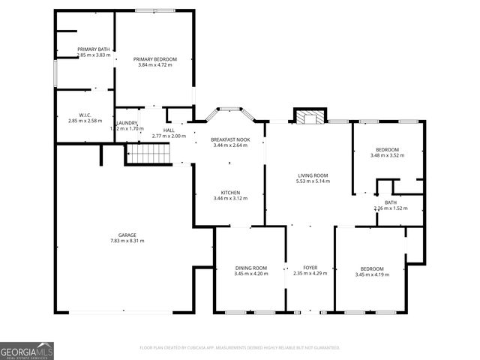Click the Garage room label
click(x=127, y=235)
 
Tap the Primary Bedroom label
click(x=155, y=58)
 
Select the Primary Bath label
click(x=94, y=49)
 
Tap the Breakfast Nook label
click(x=230, y=139)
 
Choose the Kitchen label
click(x=229, y=192)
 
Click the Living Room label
click(x=313, y=175)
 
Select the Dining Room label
click(x=251, y=268)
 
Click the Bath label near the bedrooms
click(x=391, y=202)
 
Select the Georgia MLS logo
click(x=27, y=351)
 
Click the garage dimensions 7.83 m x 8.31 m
click(x=127, y=241)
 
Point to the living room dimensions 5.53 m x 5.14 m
click(x=313, y=181)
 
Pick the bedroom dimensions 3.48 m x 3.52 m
click(x=387, y=155)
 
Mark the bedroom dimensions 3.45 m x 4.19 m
click(x=372, y=274)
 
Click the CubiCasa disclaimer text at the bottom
click(x=240, y=347)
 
